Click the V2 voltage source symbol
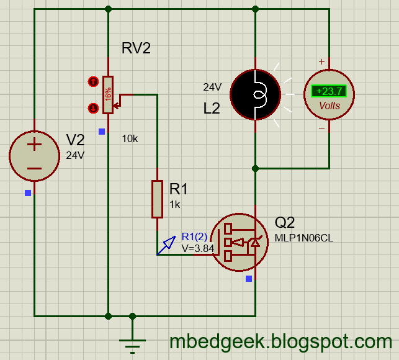[34, 155]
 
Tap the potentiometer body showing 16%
[109, 95]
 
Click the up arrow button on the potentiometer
[93, 81]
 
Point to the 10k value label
[130, 138]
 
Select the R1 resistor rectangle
[157, 199]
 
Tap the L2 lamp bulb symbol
[255, 95]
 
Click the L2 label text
[212, 109]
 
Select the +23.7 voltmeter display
[329, 91]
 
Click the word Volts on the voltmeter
[330, 106]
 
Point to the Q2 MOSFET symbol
[239, 242]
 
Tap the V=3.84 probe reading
[197, 248]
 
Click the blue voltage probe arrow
[166, 246]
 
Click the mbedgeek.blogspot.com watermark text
[280, 341]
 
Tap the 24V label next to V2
[74, 156]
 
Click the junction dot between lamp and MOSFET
[255, 168]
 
